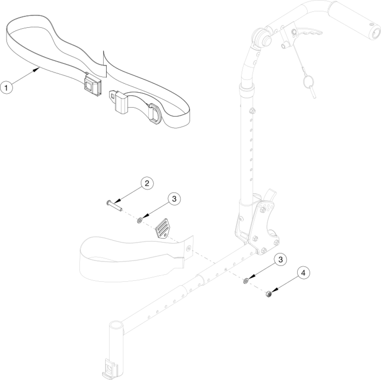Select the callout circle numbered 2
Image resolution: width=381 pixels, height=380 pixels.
147,183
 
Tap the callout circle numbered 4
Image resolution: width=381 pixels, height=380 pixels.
303,274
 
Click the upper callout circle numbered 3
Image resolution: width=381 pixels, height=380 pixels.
174,199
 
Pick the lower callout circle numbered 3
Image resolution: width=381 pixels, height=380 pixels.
280,260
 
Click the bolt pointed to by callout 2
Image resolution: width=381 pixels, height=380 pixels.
114,205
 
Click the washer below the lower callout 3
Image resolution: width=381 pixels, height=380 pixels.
246,281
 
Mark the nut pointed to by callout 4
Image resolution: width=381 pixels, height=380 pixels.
268,294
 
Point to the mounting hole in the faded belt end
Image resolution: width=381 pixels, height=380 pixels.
189,248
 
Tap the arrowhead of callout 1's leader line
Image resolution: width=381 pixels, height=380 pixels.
39,69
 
